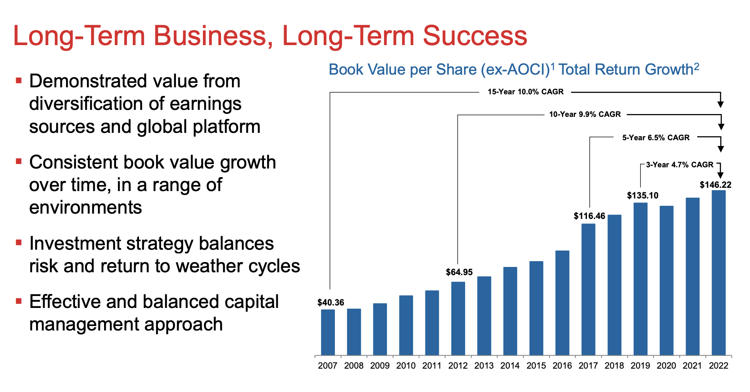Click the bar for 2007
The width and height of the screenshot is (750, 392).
pos(328,332)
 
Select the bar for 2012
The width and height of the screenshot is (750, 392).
pos(458,318)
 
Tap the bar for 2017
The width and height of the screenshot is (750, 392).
pos(588,289)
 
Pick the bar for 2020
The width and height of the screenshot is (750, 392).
pos(666,280)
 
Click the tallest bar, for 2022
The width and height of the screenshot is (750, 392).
pos(718,273)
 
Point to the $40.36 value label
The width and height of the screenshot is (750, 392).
pos(331,303)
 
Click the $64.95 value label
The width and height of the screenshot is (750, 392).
pos(459,272)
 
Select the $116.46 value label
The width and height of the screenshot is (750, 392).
pos(589,216)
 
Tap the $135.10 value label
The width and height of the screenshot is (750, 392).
pos(643,196)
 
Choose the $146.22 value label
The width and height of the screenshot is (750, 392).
pos(716,185)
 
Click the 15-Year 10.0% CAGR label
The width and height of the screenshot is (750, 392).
pos(525,92)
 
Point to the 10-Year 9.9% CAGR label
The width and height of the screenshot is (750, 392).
pos(585,114)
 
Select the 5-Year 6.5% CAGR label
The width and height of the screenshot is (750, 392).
pos(656,138)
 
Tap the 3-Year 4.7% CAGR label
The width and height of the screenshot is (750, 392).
pos(680,165)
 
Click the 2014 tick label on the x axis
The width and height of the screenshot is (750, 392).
pos(510,366)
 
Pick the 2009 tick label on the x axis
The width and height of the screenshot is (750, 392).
pos(380,366)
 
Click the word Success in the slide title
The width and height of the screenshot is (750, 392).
pos(475,36)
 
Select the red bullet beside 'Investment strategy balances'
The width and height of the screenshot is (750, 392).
pos(18,242)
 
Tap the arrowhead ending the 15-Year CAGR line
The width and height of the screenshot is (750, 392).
pos(720,105)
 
